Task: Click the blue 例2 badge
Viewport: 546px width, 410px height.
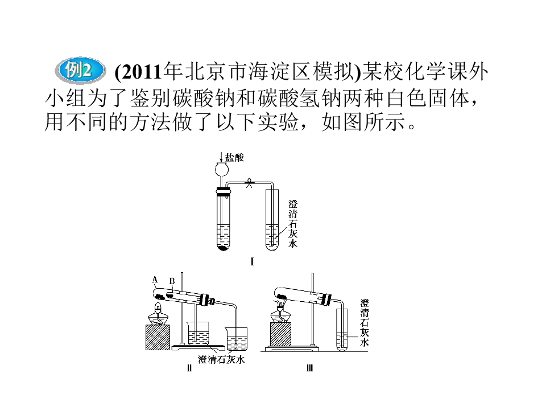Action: click(80, 71)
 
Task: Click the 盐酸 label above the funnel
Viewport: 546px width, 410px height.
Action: click(234, 158)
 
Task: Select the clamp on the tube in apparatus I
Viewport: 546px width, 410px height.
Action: click(249, 183)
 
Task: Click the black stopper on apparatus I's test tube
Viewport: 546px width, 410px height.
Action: click(223, 191)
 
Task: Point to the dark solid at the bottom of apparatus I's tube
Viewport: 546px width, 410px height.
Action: click(223, 248)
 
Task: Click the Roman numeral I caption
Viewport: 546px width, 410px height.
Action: click(252, 261)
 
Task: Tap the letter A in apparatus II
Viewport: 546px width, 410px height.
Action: click(155, 279)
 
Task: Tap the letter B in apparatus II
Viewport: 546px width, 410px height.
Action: click(172, 281)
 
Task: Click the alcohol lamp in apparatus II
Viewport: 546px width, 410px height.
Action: click(158, 314)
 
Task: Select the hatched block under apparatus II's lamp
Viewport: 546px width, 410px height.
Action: click(158, 337)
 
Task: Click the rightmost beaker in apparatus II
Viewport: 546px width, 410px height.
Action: click(237, 339)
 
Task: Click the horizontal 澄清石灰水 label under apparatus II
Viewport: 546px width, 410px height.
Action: click(221, 359)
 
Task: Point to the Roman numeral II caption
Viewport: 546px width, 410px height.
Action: click(189, 368)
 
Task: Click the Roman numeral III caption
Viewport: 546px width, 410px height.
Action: click(309, 368)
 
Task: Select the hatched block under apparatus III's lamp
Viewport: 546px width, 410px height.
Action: click(280, 334)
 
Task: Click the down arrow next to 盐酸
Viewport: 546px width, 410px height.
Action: click(221, 158)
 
